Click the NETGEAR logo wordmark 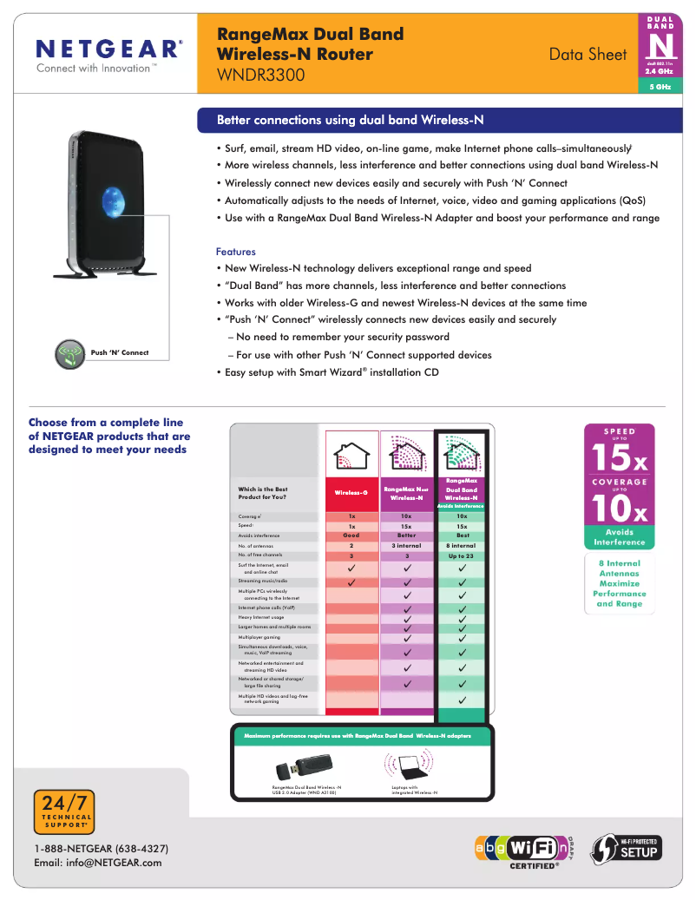108,49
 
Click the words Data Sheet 588,54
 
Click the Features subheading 235,252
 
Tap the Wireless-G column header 351,492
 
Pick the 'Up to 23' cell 462,555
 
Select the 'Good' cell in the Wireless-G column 351,535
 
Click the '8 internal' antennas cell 462,545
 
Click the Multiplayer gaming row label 259,637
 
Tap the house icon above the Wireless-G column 351,453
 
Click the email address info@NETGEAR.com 97,863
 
